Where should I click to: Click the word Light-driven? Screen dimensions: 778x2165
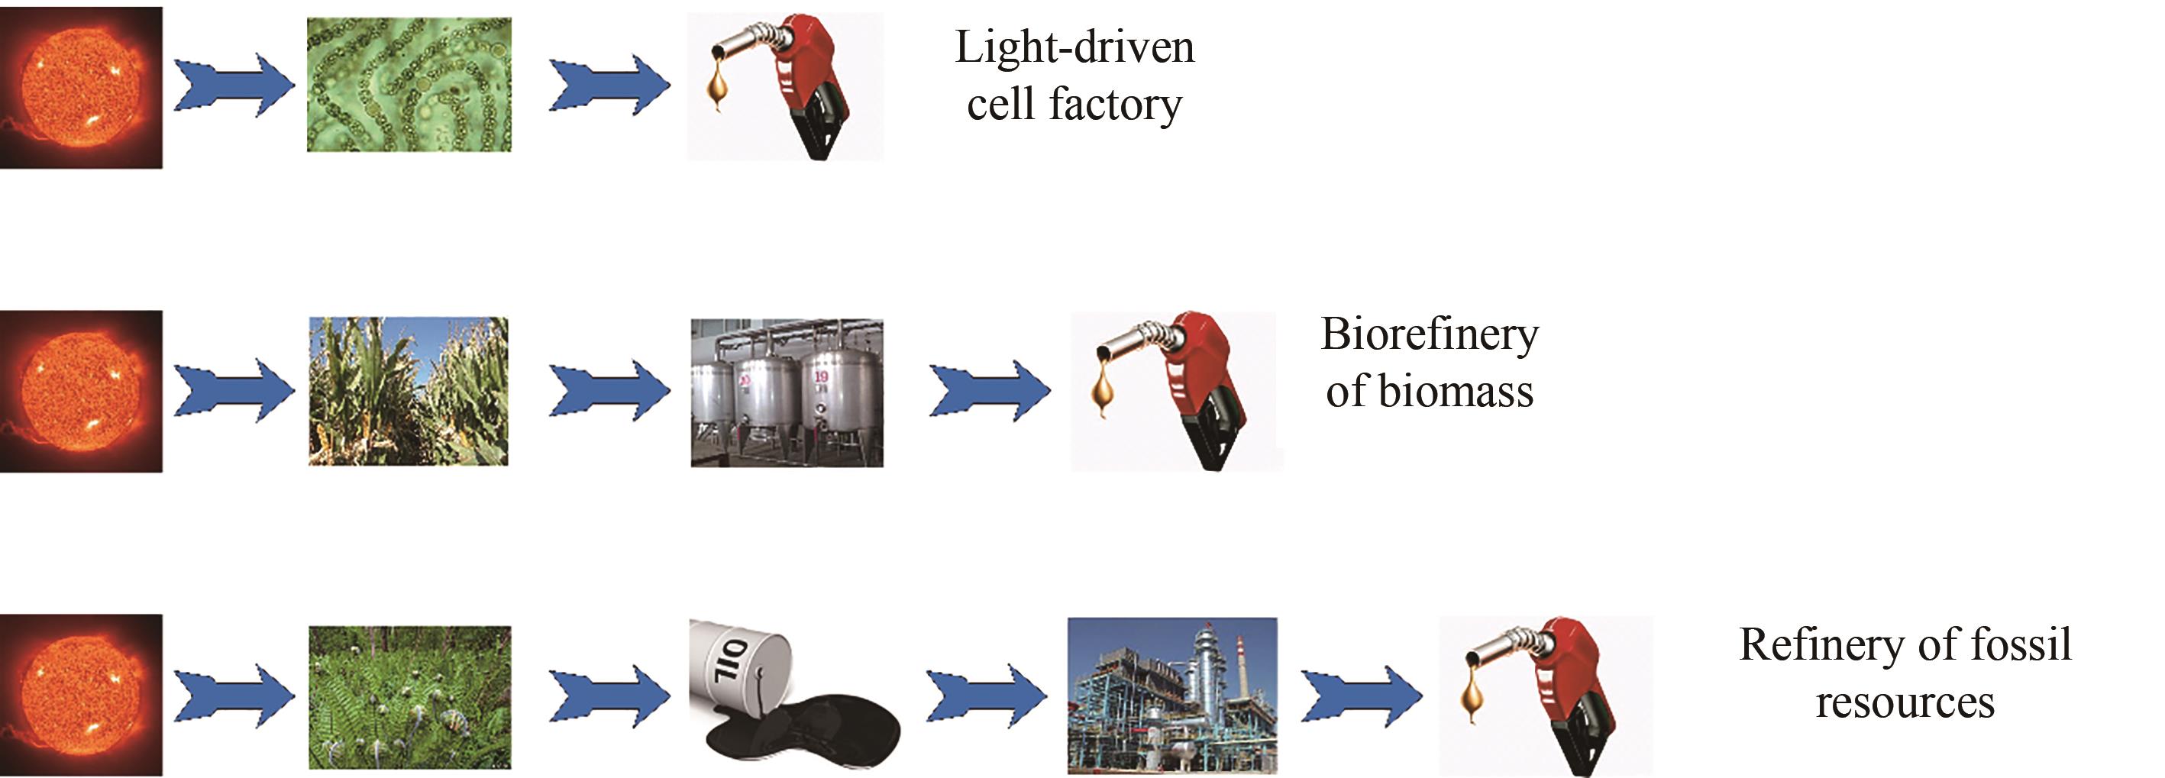pyautogui.click(x=1073, y=48)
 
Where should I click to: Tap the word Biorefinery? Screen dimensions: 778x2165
pyautogui.click(x=1429, y=334)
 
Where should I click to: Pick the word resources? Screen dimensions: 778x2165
pyautogui.click(x=1905, y=702)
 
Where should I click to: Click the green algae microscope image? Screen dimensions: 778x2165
pyautogui.click(x=409, y=85)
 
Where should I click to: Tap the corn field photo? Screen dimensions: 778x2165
pyautogui.click(x=409, y=391)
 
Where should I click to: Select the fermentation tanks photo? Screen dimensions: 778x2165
pyautogui.click(x=787, y=392)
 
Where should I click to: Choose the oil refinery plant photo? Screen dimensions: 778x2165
pyautogui.click(x=1171, y=696)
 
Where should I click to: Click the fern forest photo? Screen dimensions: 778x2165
pyautogui.click(x=409, y=696)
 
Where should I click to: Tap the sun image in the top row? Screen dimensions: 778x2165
pyautogui.click(x=81, y=86)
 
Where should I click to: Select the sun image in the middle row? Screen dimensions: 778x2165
pyautogui.click(x=81, y=391)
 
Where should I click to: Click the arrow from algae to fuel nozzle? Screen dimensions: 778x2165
pyautogui.click(x=609, y=85)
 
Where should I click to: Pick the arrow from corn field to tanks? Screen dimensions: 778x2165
pyautogui.click(x=609, y=390)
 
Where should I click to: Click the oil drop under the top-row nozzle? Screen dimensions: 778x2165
pyautogui.click(x=717, y=87)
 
